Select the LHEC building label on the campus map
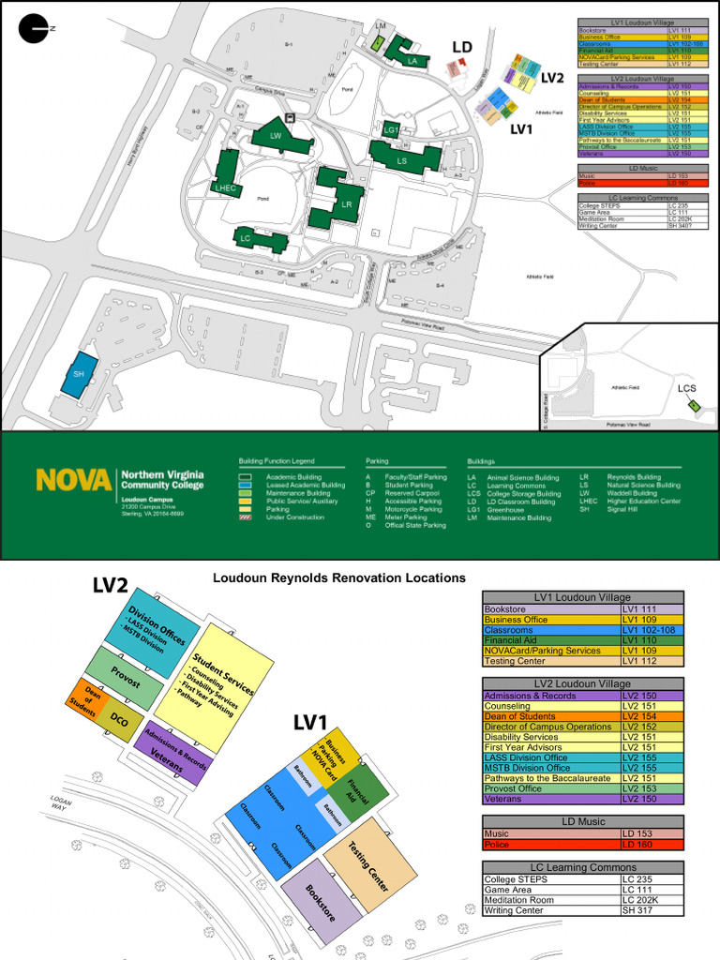tap(225, 188)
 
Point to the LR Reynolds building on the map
tap(346, 203)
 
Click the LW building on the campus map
tap(276, 136)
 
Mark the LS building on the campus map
tap(401, 160)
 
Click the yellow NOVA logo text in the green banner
tap(74, 480)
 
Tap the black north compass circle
tap(34, 30)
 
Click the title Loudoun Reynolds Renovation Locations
tap(338, 578)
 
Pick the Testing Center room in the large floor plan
tap(367, 864)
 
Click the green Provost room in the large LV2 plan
tap(125, 677)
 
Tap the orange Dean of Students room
tap(85, 699)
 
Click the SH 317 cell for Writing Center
tap(652, 910)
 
